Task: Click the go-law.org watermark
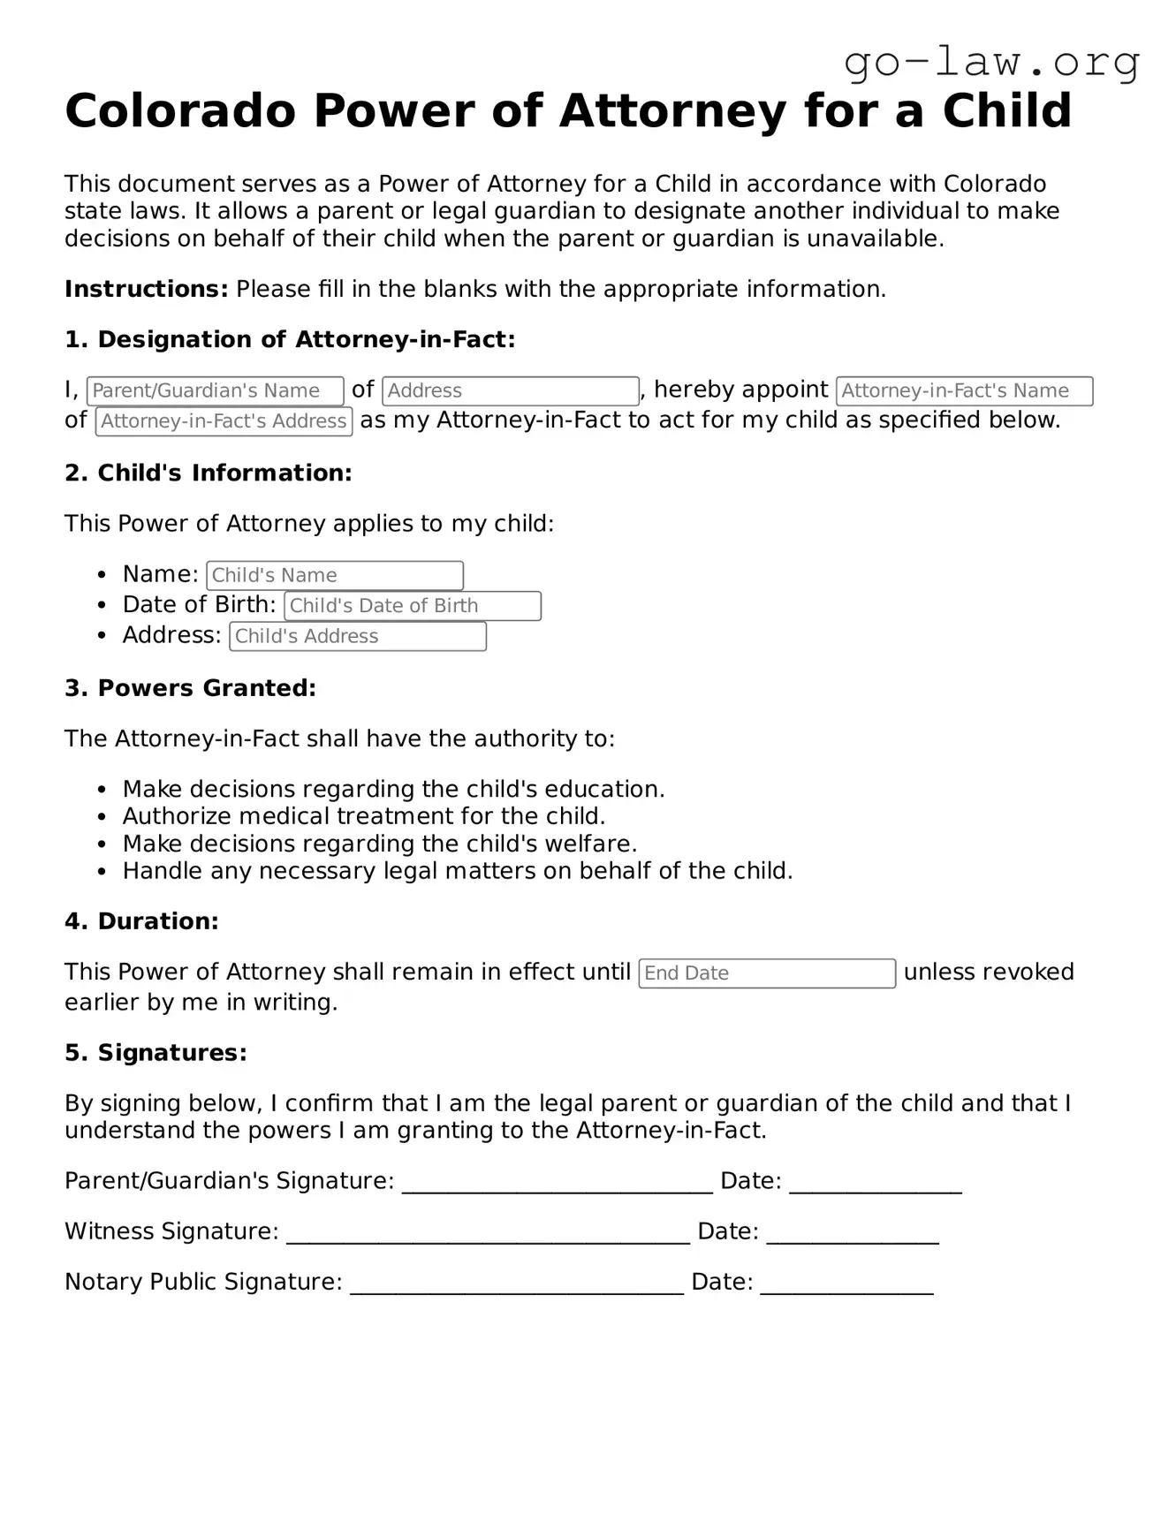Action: click(x=991, y=62)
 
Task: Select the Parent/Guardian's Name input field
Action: click(x=215, y=390)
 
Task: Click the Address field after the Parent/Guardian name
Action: click(x=510, y=390)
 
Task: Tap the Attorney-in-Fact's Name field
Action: click(x=964, y=390)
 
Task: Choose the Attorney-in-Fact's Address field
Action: click(x=224, y=421)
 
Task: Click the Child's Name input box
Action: click(x=334, y=575)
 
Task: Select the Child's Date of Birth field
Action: click(x=412, y=606)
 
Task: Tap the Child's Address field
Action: click(x=357, y=636)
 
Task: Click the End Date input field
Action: click(x=766, y=973)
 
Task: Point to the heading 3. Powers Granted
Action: click(x=190, y=688)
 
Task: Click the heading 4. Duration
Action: click(x=141, y=921)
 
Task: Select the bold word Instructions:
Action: click(x=147, y=289)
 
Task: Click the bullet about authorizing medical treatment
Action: click(x=363, y=816)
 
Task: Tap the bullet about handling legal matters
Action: click(x=457, y=871)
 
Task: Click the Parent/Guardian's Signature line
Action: click(x=557, y=1184)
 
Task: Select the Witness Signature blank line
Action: click(x=488, y=1234)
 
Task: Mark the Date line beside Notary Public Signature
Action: click(x=846, y=1284)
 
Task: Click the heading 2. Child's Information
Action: click(x=208, y=473)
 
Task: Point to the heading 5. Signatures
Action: click(x=156, y=1053)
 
